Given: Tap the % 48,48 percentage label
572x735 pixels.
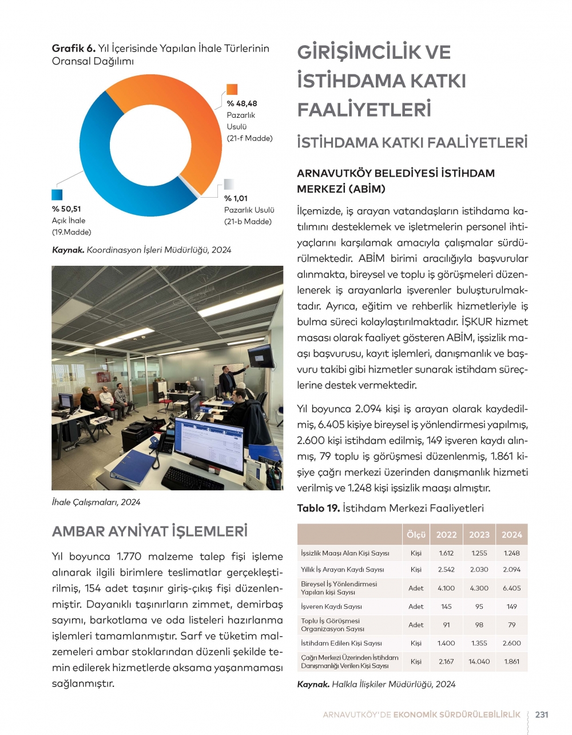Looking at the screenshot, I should click(241, 103).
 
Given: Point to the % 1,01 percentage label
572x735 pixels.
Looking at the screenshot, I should click(236, 198).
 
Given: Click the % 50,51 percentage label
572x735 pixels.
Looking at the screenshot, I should click(66, 209).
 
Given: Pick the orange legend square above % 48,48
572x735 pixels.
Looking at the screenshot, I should click(232, 89).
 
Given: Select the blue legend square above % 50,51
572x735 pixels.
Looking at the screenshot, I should click(57, 195).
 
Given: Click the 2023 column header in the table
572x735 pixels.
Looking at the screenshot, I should click(479, 535).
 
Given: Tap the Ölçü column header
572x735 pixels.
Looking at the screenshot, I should click(416, 535).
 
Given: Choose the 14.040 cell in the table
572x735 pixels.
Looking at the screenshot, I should click(479, 661).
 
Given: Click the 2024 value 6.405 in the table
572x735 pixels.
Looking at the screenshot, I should click(511, 588).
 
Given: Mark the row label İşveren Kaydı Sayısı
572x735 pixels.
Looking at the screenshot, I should click(331, 606).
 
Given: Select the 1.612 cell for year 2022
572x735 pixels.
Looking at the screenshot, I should click(446, 553).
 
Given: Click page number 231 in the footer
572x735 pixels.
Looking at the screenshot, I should click(542, 714).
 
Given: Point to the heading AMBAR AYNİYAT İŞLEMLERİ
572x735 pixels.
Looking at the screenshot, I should click(150, 532).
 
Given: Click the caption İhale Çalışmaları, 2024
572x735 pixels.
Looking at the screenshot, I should click(96, 502).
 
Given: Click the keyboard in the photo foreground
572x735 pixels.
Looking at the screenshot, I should click(192, 478).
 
